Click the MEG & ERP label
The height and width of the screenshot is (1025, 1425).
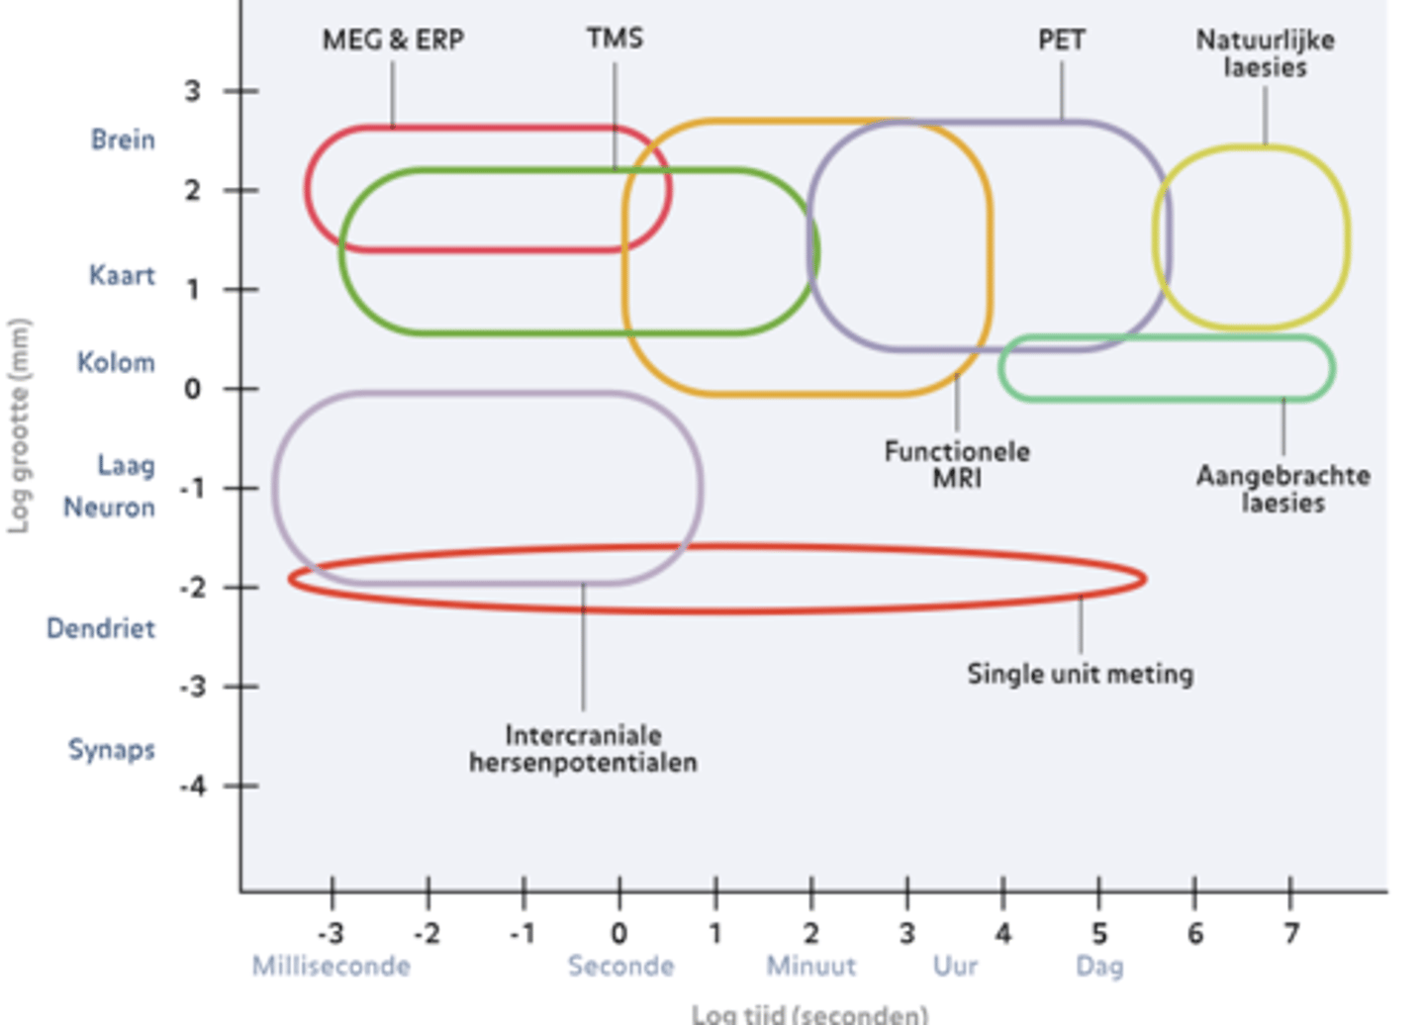coord(393,40)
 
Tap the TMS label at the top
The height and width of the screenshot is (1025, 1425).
coord(615,39)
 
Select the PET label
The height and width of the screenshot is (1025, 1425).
coord(1062,40)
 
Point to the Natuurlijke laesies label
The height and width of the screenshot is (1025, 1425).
coord(1265,53)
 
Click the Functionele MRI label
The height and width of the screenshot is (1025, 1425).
coord(957,464)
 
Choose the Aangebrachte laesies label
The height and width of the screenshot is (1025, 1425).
coord(1282,489)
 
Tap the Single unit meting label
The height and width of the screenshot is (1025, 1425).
coord(1080,674)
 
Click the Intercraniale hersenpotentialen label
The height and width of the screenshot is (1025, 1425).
coord(583,749)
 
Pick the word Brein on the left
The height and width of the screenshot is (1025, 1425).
coord(123,140)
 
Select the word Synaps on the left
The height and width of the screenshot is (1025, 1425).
coord(111,749)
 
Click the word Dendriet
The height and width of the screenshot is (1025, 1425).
coord(101,628)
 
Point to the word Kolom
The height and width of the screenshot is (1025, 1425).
coord(116,362)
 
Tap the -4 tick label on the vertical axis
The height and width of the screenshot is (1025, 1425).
coord(193,787)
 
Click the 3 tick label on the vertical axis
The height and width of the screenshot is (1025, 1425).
coord(192,91)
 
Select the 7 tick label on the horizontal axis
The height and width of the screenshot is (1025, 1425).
coord(1290,933)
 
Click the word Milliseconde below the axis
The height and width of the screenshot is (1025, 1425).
coord(331,966)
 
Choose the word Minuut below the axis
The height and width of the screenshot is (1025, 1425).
coord(810,966)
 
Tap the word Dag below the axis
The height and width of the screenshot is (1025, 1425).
coord(1099,966)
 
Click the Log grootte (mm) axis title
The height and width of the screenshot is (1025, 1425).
coord(19,425)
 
